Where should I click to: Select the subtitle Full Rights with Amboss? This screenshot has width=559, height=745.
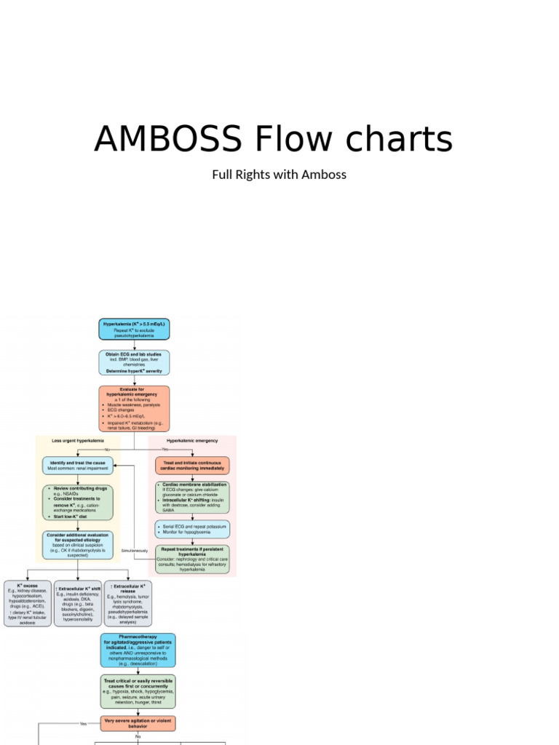(279, 175)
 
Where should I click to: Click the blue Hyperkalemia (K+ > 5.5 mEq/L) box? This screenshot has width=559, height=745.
(134, 330)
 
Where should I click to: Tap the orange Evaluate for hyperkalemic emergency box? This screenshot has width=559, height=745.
(134, 408)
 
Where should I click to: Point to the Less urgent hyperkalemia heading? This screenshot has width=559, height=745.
(78, 441)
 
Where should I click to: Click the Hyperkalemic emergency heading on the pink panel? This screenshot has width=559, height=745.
(191, 441)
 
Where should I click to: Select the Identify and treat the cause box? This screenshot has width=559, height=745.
(78, 466)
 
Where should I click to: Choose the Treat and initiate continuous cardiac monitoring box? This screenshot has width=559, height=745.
(192, 466)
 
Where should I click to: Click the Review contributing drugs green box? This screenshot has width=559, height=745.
(78, 503)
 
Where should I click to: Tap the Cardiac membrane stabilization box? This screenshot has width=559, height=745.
(192, 498)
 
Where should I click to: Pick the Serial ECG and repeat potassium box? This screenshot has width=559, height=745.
(192, 529)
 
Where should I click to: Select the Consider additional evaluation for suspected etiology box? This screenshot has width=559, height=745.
(78, 545)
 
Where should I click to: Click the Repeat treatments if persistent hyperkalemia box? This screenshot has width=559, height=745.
(192, 559)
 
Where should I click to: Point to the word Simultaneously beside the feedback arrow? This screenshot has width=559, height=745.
(135, 551)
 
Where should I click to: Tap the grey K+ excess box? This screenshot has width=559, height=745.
(28, 603)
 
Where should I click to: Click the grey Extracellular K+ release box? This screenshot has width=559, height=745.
(128, 603)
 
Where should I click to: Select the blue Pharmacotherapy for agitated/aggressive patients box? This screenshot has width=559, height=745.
(138, 650)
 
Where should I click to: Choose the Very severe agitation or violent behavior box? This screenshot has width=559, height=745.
(138, 723)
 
